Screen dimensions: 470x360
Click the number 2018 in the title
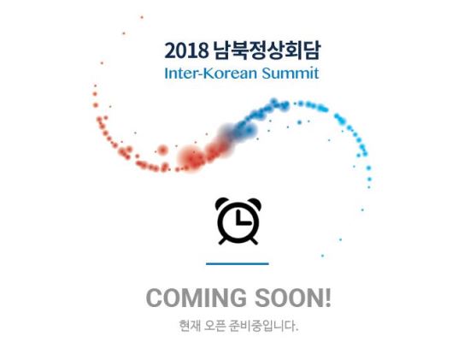186,50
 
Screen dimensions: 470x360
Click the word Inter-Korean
211,74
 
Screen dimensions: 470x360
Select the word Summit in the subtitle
291,74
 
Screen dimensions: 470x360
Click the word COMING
197,298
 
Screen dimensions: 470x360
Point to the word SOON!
293,298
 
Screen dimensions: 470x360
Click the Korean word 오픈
214,326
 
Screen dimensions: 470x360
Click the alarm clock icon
238,221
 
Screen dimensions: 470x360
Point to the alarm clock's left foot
223,240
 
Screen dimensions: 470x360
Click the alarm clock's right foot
254,240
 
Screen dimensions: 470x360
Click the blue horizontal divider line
238,264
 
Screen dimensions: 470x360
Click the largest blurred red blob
190,158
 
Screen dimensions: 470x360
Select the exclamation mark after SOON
328,298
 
